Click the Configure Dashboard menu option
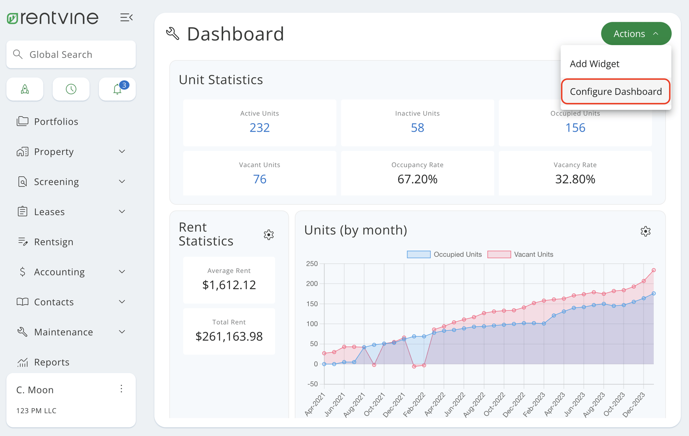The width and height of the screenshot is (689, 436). pyautogui.click(x=615, y=92)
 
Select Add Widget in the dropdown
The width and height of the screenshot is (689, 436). pyautogui.click(x=594, y=64)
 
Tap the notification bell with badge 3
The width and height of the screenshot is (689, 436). pyautogui.click(x=117, y=89)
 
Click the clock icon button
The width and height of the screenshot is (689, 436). pyautogui.click(x=71, y=89)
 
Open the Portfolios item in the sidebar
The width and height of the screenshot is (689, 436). pyautogui.click(x=56, y=122)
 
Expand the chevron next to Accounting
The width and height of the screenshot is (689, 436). pyautogui.click(x=122, y=272)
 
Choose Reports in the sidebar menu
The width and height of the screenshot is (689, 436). pyautogui.click(x=51, y=362)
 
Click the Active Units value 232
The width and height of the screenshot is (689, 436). pyautogui.click(x=259, y=128)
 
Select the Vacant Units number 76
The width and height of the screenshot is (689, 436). pyautogui.click(x=259, y=179)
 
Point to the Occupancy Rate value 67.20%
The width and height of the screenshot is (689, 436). pyautogui.click(x=417, y=179)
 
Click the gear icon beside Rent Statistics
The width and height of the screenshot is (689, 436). pyautogui.click(x=269, y=235)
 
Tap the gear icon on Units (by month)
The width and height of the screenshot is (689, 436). pyautogui.click(x=645, y=231)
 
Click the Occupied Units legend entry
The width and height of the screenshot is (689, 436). pyautogui.click(x=444, y=254)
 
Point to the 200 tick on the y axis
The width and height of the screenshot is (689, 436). pyautogui.click(x=312, y=284)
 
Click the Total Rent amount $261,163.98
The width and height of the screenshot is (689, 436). pyautogui.click(x=229, y=336)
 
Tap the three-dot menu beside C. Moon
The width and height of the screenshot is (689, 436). pyautogui.click(x=121, y=389)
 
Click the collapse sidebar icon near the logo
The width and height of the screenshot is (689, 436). pyautogui.click(x=126, y=17)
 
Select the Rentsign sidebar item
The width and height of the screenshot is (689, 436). pyautogui.click(x=53, y=242)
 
